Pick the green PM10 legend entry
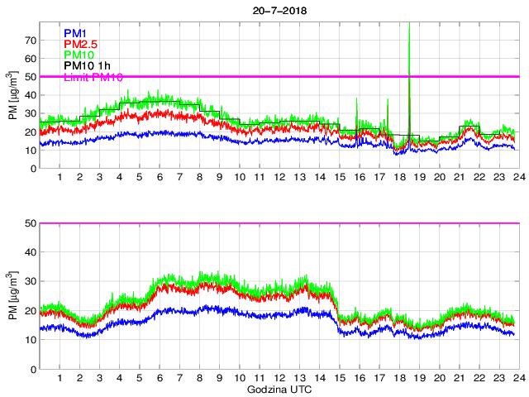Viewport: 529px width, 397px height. [x=78, y=55]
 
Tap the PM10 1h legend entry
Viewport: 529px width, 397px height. [x=87, y=66]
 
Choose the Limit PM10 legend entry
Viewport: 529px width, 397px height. [x=93, y=77]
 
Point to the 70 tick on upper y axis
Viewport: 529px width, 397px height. [x=31, y=40]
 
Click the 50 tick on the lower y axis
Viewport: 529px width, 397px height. [x=31, y=223]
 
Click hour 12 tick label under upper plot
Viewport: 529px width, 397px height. [x=279, y=178]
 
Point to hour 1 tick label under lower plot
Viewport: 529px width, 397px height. [x=60, y=378]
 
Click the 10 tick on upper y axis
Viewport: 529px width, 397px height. [x=31, y=151]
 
